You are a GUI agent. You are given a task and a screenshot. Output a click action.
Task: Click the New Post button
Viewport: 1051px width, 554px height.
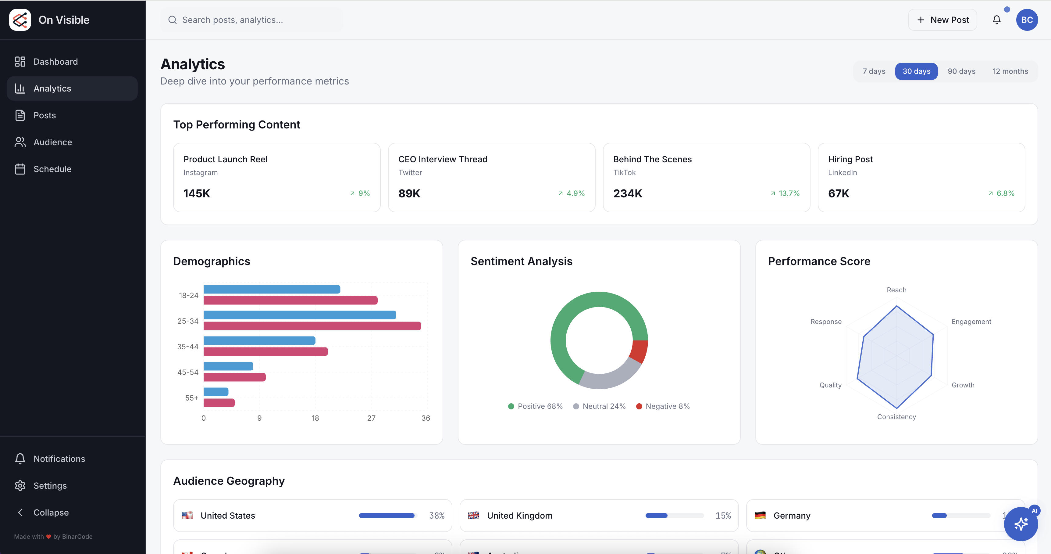pyautogui.click(x=942, y=20)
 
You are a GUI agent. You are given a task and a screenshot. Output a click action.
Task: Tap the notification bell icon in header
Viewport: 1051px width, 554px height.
pyautogui.click(x=996, y=20)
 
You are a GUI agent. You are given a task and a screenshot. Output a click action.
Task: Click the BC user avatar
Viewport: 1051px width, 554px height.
pyautogui.click(x=1027, y=20)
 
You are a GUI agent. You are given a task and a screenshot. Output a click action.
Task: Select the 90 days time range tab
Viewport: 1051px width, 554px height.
pyautogui.click(x=961, y=71)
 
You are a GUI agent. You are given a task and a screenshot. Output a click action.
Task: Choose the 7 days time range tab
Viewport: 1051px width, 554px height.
pyautogui.click(x=874, y=71)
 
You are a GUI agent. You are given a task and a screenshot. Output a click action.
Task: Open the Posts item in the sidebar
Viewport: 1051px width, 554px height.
pyautogui.click(x=45, y=116)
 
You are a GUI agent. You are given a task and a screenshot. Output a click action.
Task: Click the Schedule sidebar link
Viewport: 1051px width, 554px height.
pyautogui.click(x=52, y=169)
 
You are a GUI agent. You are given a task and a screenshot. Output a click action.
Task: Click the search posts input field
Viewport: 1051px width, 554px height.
pyautogui.click(x=253, y=20)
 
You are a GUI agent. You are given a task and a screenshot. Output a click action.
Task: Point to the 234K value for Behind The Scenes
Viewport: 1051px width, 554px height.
pyautogui.click(x=628, y=193)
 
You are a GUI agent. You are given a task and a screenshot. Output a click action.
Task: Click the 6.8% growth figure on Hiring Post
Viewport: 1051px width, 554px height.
pyautogui.click(x=1005, y=193)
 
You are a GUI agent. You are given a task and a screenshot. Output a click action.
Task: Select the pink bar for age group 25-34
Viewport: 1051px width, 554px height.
pyautogui.click(x=312, y=326)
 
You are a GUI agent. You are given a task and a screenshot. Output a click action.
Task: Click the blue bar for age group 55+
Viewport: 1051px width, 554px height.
pyautogui.click(x=216, y=392)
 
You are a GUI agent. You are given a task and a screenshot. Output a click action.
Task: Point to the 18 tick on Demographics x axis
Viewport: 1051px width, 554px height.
pyautogui.click(x=315, y=418)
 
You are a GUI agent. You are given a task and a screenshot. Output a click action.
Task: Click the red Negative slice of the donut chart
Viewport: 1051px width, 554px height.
pyautogui.click(x=639, y=351)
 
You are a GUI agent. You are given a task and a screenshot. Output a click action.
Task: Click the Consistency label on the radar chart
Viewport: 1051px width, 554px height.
pyautogui.click(x=896, y=417)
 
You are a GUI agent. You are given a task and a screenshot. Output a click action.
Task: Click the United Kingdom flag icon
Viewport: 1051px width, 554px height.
pyautogui.click(x=473, y=516)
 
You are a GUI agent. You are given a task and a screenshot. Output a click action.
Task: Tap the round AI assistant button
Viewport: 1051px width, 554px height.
pyautogui.click(x=1021, y=524)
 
